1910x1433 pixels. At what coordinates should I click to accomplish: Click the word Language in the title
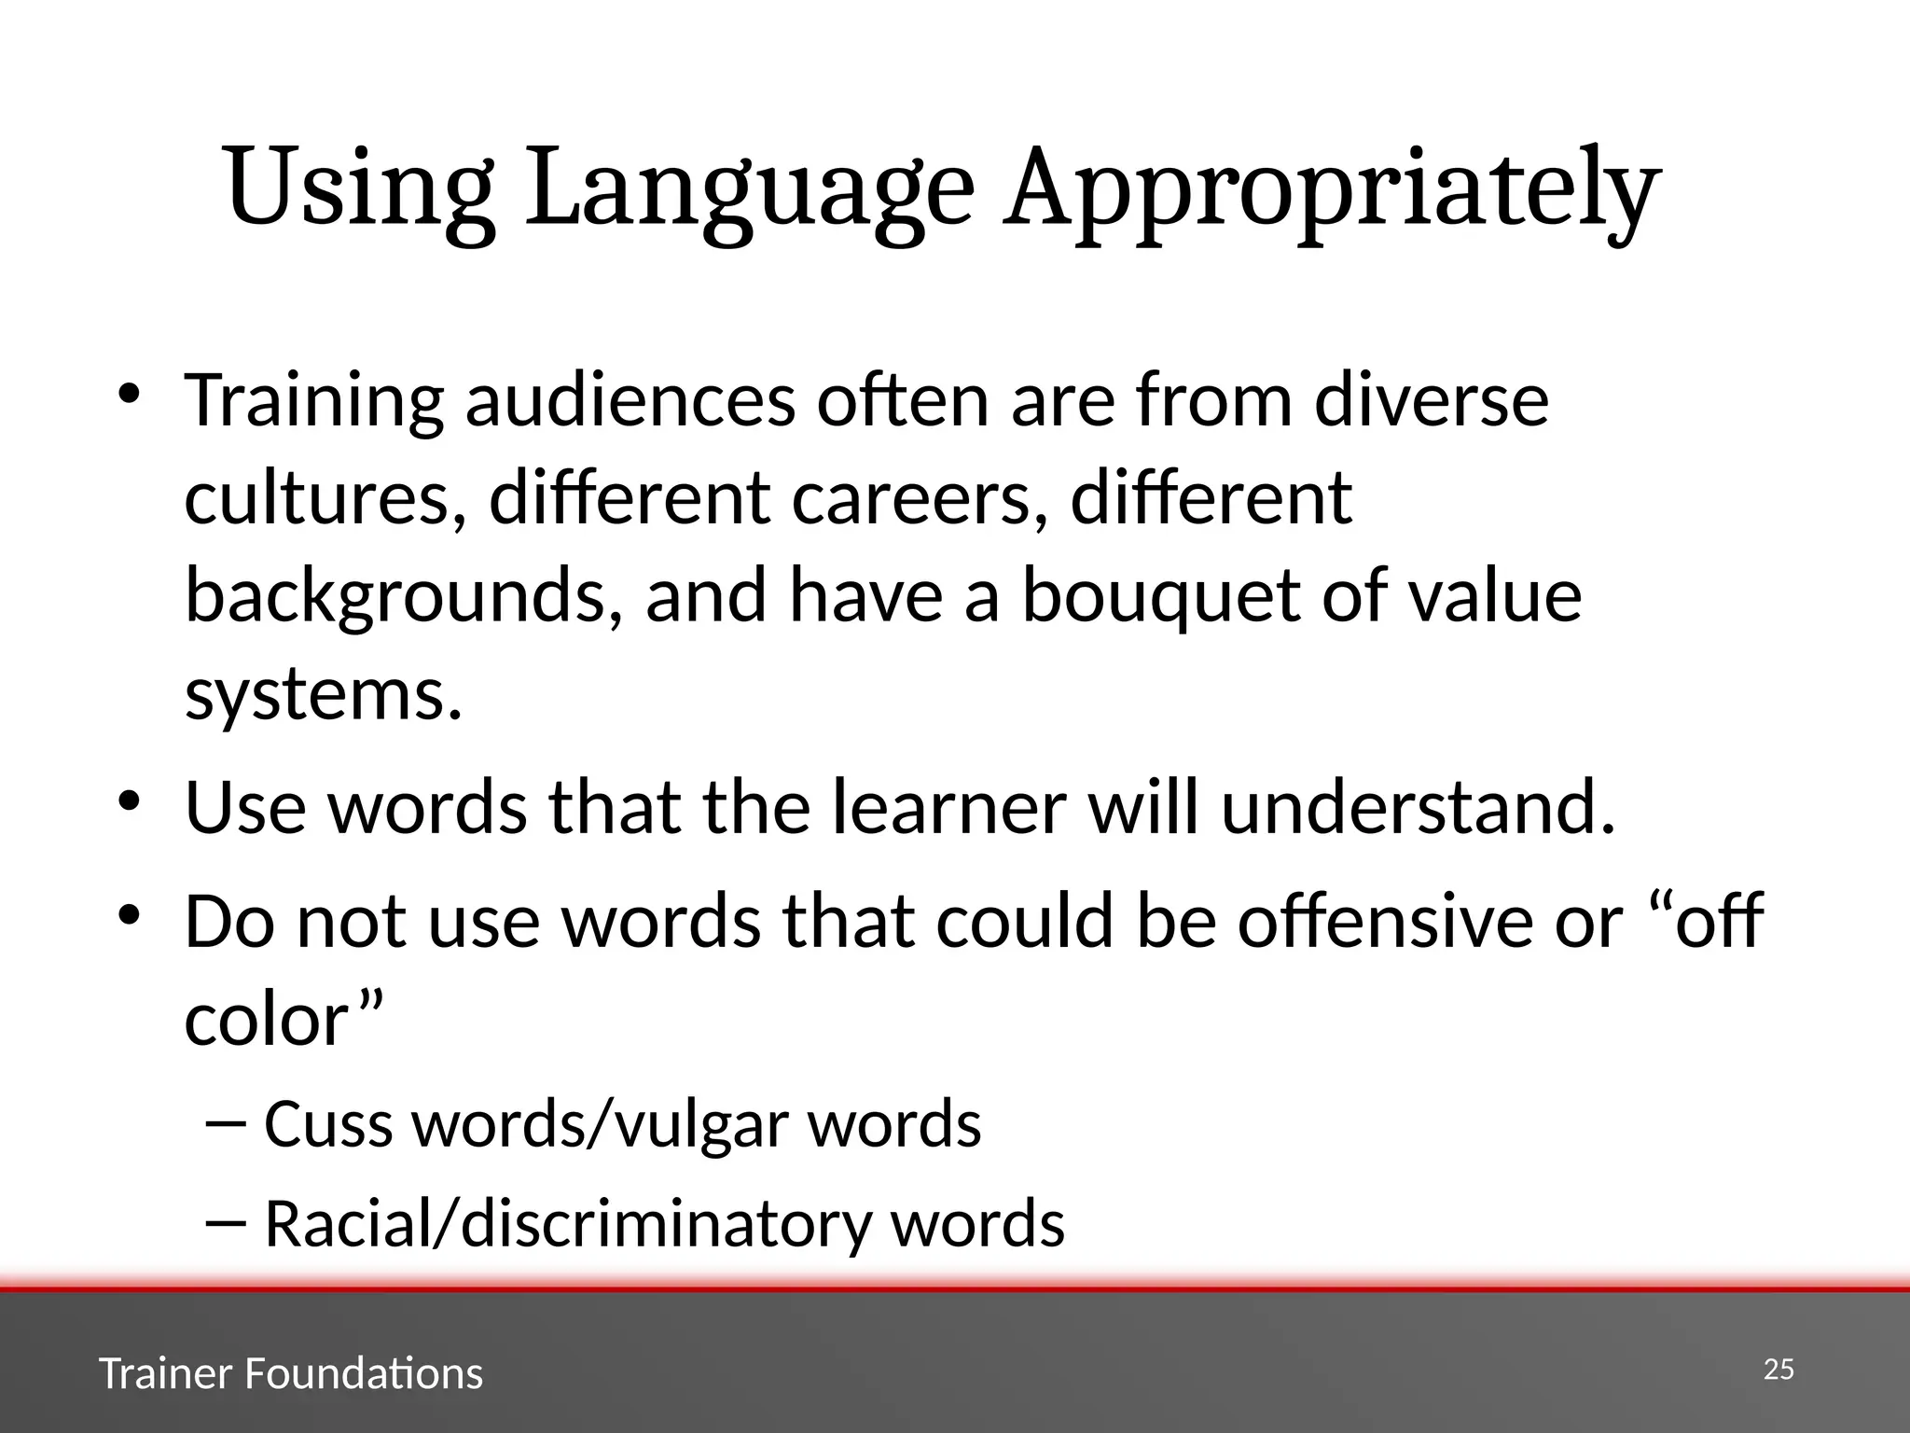[750, 188]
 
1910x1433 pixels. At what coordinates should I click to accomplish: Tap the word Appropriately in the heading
[1331, 188]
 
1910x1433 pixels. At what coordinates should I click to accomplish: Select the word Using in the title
[358, 188]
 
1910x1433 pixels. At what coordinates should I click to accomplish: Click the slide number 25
[1779, 1370]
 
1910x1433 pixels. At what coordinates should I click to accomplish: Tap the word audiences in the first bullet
[630, 399]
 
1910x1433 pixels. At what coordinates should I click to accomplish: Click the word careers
[919, 498]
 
